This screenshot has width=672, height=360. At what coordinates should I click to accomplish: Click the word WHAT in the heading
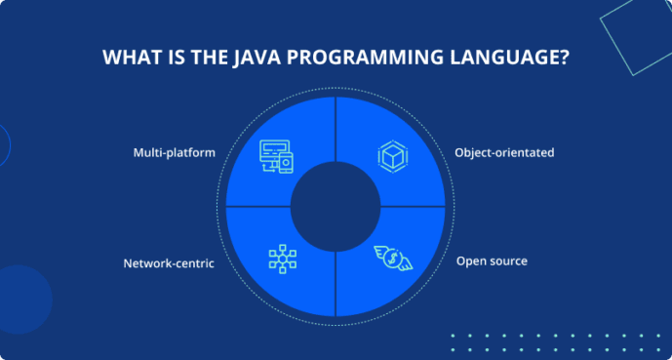coord(131,58)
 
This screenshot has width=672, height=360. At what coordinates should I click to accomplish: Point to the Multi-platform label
coord(174,153)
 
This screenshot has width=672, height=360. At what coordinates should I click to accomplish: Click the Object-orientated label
coord(503,153)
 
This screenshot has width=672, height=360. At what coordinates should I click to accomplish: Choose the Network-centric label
coord(169,262)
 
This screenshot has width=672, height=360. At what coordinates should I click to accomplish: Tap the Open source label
coord(492,261)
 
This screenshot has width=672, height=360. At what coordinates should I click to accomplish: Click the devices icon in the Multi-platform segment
coord(277,155)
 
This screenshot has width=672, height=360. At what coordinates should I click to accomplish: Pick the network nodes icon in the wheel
coord(282,258)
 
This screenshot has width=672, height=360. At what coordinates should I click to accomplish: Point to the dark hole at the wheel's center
coord(335,206)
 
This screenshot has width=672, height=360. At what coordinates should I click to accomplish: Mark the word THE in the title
coord(206,58)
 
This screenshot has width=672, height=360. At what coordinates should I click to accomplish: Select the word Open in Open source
coord(470,261)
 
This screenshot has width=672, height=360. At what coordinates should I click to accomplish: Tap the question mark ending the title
coord(564,58)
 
